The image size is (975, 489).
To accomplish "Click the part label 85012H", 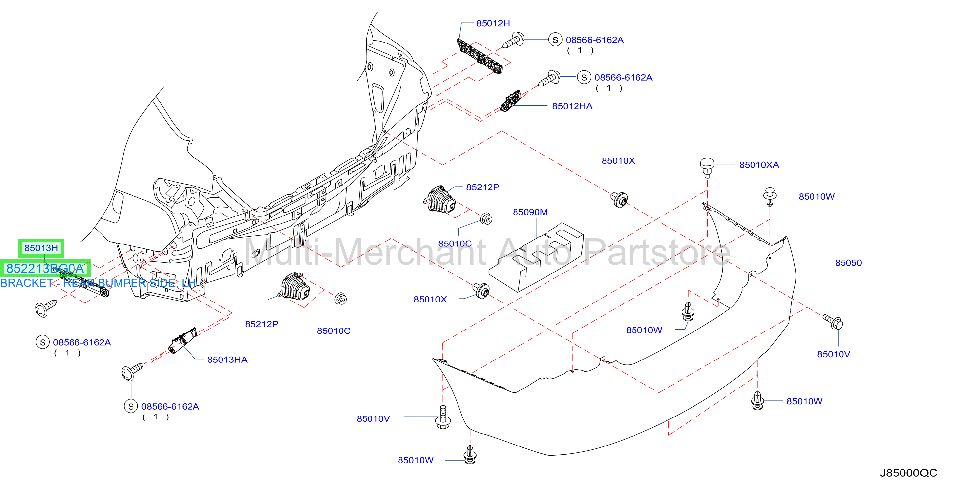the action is point(493,23).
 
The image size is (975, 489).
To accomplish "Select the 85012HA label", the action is point(572,106).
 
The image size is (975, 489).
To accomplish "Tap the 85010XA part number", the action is point(758,165).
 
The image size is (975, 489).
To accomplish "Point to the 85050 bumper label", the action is point(848,263).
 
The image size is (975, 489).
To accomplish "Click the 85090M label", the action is point(530,212).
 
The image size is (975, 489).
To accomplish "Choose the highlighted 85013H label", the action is point(41,248).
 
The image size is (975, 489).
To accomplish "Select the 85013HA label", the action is point(227,360).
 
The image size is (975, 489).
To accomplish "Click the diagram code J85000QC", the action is point(908,473).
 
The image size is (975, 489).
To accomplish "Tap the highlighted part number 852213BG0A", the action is point(45,268).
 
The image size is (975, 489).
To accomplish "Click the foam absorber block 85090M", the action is point(536,257).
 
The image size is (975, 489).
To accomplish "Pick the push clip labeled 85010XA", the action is point(707,167).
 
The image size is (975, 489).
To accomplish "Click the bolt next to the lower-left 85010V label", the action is point(443,417).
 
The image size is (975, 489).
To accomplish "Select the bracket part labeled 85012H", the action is point(480,56).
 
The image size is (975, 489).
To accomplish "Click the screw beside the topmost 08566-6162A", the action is point(514,40).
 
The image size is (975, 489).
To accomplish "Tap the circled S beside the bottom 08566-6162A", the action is point(131,406).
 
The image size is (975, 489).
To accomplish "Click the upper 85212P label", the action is point(483,187).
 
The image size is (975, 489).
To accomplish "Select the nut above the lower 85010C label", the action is point(340,299).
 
